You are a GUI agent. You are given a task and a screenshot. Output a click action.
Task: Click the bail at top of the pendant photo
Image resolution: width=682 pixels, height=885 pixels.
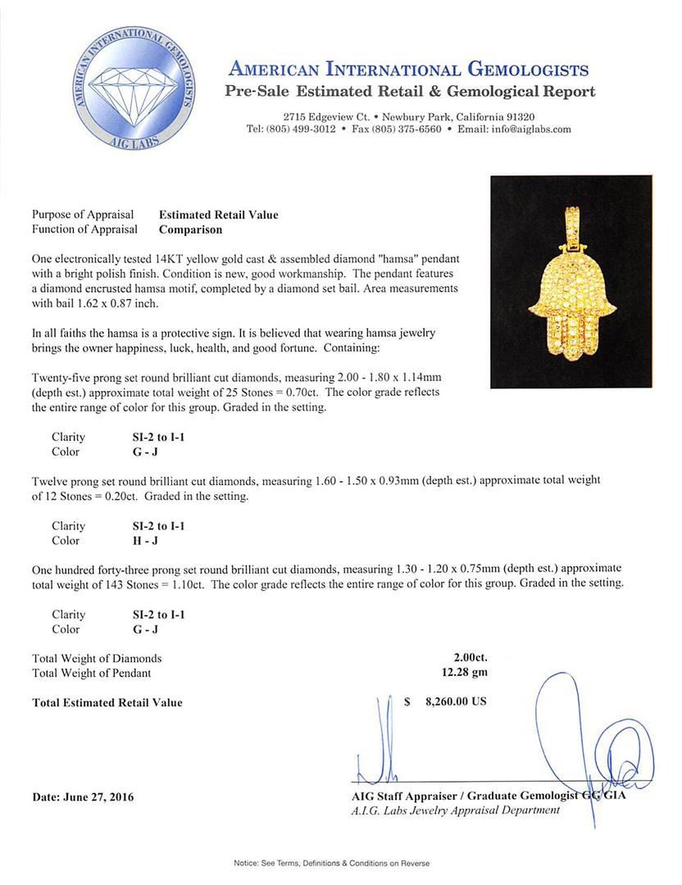click(571, 221)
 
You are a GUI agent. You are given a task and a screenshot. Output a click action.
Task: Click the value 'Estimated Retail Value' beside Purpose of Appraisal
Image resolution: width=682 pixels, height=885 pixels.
click(218, 215)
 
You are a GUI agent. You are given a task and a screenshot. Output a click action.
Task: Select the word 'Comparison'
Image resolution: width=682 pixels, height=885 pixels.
click(190, 230)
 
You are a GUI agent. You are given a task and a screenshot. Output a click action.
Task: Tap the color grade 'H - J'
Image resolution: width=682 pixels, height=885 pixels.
click(134, 541)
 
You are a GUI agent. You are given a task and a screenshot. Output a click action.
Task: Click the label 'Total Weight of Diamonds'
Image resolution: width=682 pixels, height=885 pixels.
click(97, 658)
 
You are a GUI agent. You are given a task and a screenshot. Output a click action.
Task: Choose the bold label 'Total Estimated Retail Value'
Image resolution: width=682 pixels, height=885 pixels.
click(107, 702)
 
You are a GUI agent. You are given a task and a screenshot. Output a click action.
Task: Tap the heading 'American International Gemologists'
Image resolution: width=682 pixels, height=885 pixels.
click(408, 69)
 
